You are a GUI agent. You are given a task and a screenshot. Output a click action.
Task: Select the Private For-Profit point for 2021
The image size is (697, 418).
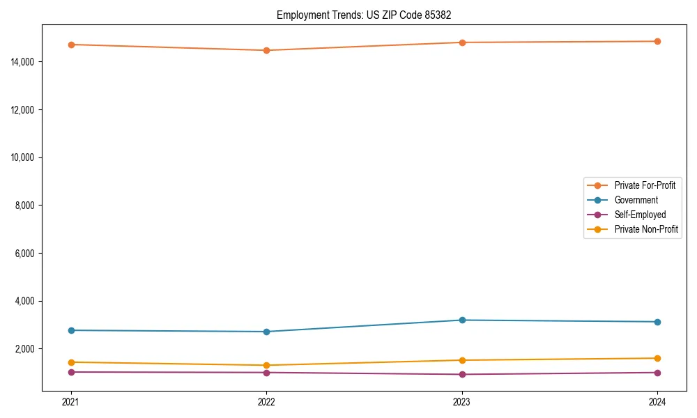click(71, 45)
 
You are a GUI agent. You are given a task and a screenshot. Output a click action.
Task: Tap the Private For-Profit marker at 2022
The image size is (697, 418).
click(266, 50)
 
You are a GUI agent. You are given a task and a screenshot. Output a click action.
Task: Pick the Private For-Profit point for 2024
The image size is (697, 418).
click(657, 41)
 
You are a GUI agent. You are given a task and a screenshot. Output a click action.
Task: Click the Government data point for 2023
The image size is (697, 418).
click(462, 320)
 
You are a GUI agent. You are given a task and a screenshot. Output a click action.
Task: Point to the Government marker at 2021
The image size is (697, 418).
click(71, 330)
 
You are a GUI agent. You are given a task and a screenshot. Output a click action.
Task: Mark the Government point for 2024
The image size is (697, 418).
click(657, 322)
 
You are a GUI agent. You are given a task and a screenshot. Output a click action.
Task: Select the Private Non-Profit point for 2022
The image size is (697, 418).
click(266, 365)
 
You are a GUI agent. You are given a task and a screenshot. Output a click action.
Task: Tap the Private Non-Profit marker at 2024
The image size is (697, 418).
click(657, 358)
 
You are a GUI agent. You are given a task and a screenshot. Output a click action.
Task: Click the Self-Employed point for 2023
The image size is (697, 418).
click(462, 374)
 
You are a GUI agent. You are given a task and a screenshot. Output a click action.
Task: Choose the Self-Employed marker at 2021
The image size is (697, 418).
click(71, 372)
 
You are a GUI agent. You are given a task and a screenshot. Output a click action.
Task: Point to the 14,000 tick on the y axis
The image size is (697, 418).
click(26, 62)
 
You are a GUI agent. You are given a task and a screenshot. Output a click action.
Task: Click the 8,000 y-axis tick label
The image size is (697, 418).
click(28, 206)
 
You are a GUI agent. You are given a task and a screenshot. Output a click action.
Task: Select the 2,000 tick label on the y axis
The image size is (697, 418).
click(28, 348)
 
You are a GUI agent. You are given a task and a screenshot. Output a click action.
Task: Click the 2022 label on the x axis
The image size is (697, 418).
click(266, 401)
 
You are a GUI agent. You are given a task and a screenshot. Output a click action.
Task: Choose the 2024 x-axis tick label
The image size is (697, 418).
click(657, 401)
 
